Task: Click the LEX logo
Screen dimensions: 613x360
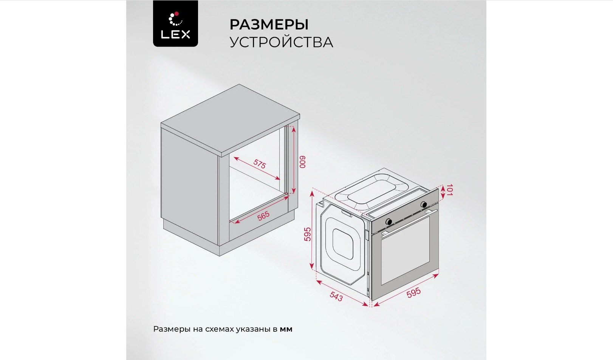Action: (x=175, y=23)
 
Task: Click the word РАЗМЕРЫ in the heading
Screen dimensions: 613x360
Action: (x=269, y=25)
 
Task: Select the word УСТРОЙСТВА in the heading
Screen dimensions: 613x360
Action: (x=281, y=42)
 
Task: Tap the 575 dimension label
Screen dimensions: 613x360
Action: (x=259, y=164)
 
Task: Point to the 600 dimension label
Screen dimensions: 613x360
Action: (x=302, y=162)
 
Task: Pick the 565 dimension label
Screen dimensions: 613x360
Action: (x=263, y=216)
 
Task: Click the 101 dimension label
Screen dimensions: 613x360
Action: (x=449, y=190)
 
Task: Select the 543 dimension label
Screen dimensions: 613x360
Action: (x=336, y=296)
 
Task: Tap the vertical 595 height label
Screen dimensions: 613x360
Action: (x=308, y=234)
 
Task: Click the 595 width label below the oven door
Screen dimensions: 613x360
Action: (x=413, y=292)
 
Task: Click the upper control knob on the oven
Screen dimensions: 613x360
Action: (x=424, y=204)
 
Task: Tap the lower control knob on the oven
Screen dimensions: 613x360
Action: (x=389, y=222)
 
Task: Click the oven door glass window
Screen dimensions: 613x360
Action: (x=405, y=250)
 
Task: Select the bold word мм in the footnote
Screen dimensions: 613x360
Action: (x=286, y=330)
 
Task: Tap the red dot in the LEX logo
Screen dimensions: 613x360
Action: (x=176, y=14)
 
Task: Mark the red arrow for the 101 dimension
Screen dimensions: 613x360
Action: (x=443, y=192)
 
